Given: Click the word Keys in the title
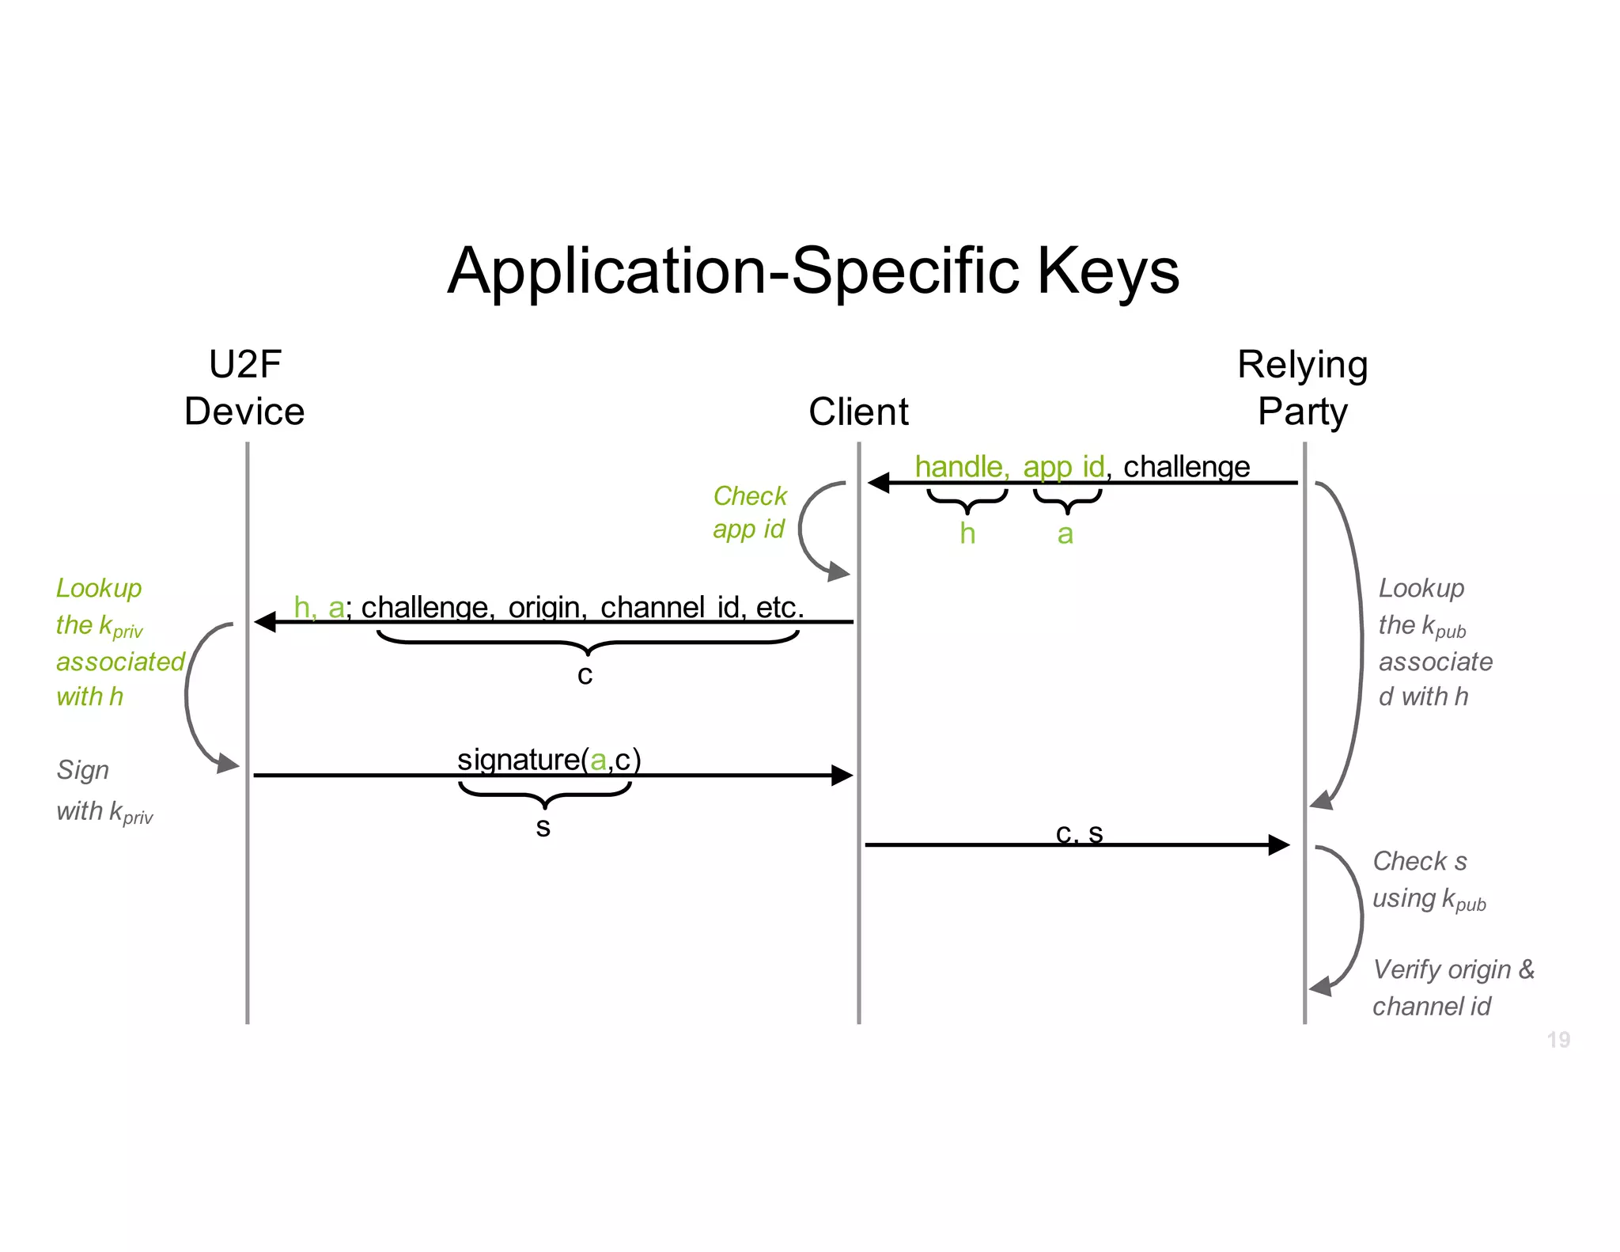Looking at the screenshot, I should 1107,271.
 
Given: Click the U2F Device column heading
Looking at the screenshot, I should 244,388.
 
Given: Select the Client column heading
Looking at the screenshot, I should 858,412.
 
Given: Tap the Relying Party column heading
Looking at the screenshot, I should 1302,388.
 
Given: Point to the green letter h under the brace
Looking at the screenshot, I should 967,533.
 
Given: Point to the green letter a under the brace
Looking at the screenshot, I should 1065,534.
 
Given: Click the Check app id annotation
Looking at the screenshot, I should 749,512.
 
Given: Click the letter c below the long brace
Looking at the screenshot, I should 585,675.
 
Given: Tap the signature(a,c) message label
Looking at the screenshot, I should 549,759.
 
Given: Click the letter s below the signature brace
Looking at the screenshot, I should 543,827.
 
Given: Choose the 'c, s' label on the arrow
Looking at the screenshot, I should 1079,833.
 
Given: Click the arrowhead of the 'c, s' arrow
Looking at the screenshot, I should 1278,844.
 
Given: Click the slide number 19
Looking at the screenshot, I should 1558,1039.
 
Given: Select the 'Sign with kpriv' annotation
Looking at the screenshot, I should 104,791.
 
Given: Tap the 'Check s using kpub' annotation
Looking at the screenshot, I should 1428,879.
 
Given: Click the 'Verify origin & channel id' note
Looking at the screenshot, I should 1452,987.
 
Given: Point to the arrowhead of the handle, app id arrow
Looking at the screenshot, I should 879,482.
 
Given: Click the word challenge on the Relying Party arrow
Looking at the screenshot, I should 1186,466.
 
